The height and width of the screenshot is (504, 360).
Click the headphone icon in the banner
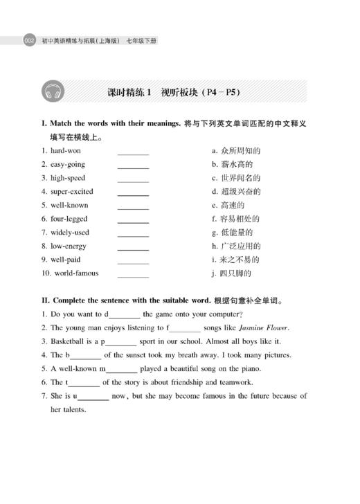53,92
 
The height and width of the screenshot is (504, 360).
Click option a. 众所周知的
235,150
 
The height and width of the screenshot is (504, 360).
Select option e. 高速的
228,205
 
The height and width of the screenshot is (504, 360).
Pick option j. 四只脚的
231,273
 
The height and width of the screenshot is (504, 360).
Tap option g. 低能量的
232,232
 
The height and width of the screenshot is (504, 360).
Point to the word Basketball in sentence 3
69,341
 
